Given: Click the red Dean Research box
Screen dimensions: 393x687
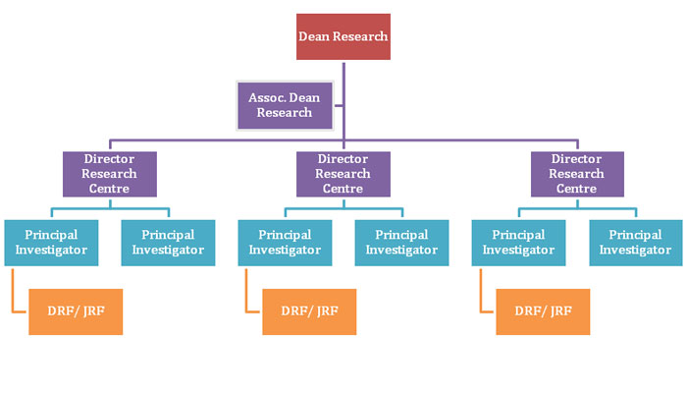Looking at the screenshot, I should coord(343,37).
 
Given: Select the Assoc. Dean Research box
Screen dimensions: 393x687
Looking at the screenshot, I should coord(285,105).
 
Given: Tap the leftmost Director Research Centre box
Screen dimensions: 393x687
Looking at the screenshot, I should coord(110,174).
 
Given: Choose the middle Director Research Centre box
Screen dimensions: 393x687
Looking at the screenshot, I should coord(343,174).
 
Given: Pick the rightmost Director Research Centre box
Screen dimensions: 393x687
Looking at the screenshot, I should coord(577,174).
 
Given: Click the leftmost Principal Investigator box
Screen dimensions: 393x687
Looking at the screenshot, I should coord(51,243).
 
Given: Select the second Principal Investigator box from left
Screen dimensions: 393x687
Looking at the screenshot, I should coord(168,243).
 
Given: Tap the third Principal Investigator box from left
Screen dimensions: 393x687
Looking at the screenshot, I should coord(285,243).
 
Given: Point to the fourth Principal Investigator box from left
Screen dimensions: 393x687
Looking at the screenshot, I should coord(401,243).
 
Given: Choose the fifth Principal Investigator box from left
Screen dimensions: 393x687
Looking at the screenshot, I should coord(518,243).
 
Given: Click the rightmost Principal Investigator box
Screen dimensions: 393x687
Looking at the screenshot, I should coord(635,243).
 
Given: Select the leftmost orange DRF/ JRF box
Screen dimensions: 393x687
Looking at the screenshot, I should coord(76,311).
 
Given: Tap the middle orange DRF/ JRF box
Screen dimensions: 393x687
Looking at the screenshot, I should coord(309,311).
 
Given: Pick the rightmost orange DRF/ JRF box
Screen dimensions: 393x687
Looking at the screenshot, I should coord(543,311).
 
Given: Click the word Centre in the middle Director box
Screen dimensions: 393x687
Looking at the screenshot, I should coord(343,188).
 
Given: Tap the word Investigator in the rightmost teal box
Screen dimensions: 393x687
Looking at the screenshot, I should coord(635,251).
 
